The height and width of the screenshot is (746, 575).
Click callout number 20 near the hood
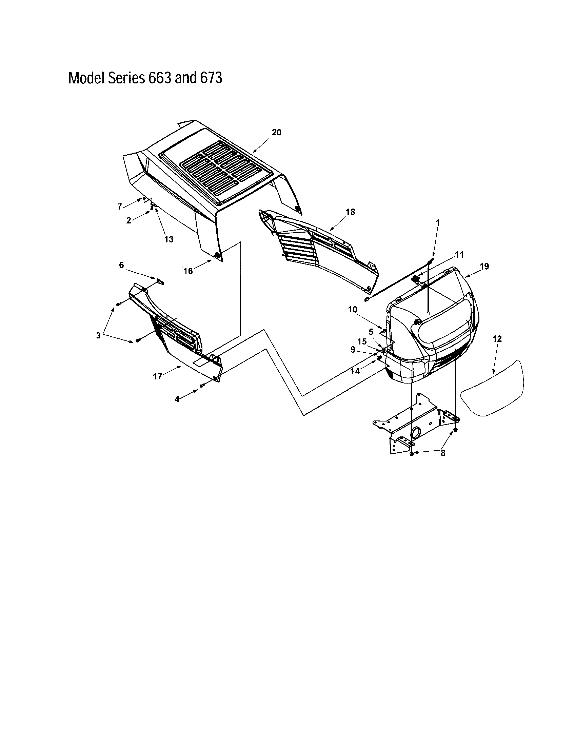276,133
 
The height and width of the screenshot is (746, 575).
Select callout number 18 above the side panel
350,212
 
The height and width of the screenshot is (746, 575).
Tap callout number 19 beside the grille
484,267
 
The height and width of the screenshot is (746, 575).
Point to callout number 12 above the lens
497,339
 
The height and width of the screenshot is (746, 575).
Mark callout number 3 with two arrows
98,336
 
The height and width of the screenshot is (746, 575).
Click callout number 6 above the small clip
121,265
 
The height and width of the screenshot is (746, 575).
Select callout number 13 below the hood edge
169,239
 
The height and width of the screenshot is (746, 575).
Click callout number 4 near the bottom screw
177,399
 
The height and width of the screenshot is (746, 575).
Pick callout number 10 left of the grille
352,310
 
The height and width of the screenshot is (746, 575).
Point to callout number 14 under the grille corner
355,371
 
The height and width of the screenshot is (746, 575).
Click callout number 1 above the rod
438,223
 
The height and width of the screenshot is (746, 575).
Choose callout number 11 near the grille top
459,254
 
